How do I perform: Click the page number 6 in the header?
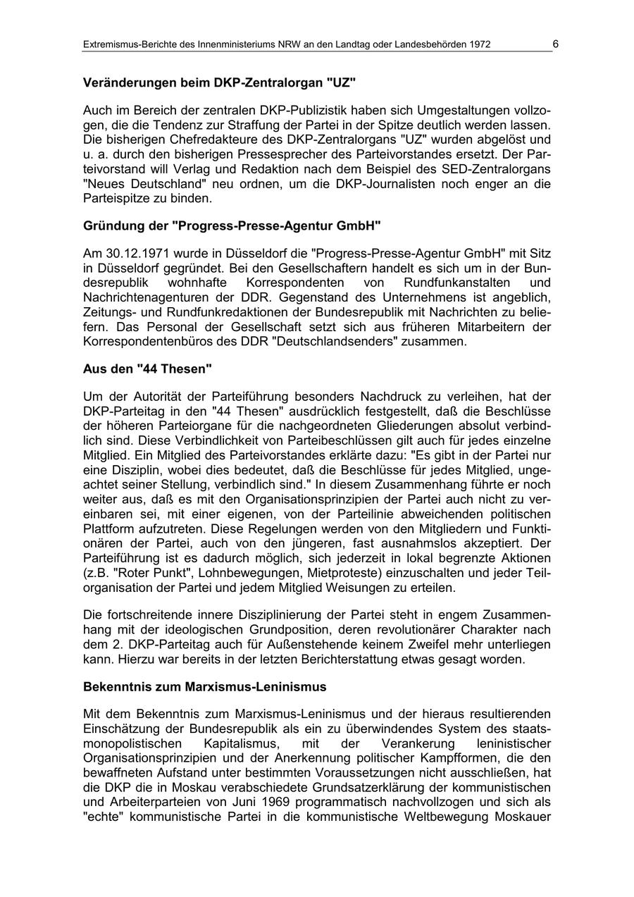tap(555, 44)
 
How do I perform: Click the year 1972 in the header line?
tap(477, 45)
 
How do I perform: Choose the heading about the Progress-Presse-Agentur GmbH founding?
tap(232, 226)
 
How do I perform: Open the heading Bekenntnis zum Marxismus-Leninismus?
tap(204, 686)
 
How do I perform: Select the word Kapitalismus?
tap(240, 744)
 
